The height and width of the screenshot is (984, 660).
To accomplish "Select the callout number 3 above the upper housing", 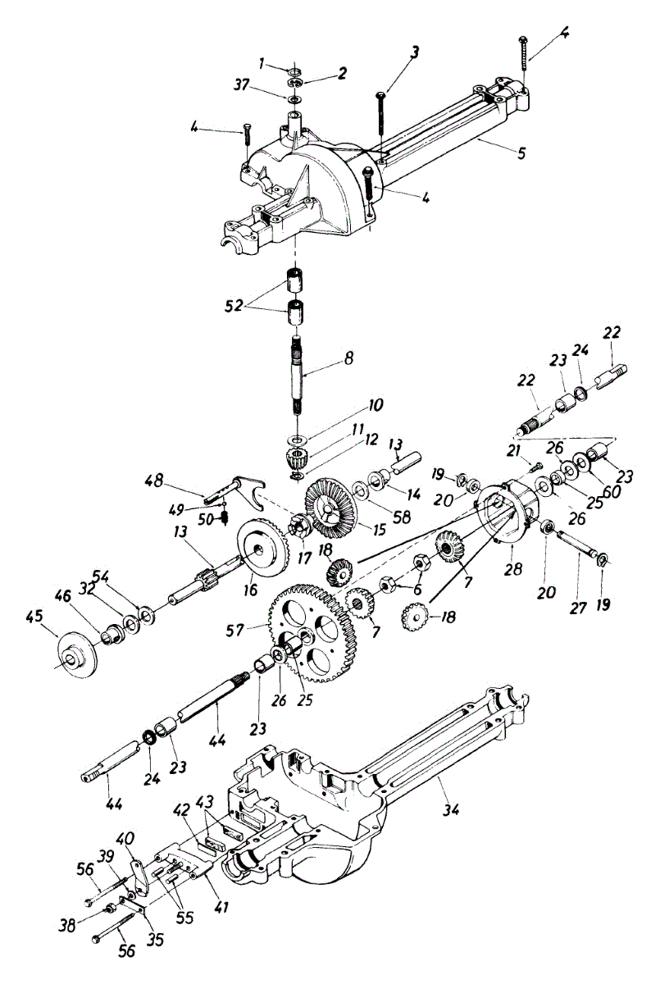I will (416, 53).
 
